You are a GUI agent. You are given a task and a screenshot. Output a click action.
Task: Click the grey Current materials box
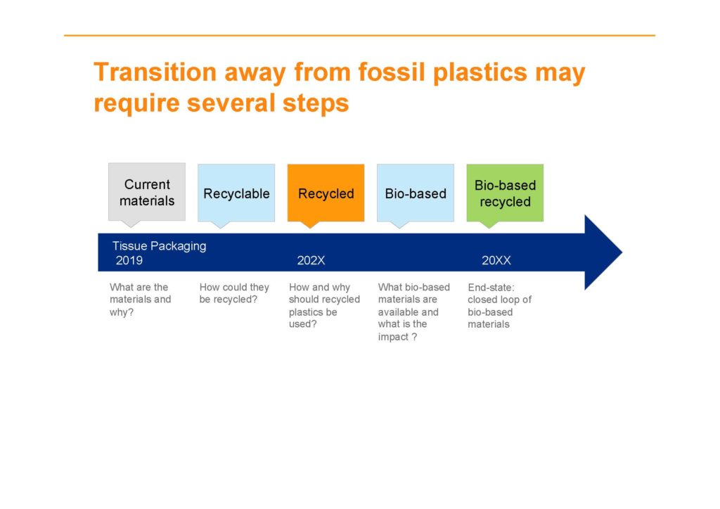147,192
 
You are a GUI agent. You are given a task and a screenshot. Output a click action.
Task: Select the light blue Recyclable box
236,193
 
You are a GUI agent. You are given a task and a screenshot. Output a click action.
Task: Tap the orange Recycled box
326,193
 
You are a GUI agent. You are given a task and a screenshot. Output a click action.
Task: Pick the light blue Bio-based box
416,193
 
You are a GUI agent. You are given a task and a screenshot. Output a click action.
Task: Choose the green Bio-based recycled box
505,193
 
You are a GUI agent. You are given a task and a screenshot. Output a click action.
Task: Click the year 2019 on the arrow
129,260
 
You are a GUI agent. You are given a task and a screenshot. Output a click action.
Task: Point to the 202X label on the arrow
311,260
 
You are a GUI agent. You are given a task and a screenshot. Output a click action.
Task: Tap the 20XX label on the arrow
496,260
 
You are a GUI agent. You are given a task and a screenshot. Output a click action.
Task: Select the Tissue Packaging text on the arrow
160,246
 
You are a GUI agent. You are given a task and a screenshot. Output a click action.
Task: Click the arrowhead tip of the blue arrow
622,252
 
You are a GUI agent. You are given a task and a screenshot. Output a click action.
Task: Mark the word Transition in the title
155,72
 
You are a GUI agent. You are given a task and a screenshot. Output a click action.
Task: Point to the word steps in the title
316,103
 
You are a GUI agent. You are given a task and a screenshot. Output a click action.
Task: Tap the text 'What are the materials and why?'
140,299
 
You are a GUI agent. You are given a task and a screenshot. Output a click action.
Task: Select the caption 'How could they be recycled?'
234,293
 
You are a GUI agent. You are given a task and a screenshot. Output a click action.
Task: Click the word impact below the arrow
393,337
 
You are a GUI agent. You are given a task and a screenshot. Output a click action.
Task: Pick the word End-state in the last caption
491,288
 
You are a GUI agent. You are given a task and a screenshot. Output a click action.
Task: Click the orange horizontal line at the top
359,35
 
